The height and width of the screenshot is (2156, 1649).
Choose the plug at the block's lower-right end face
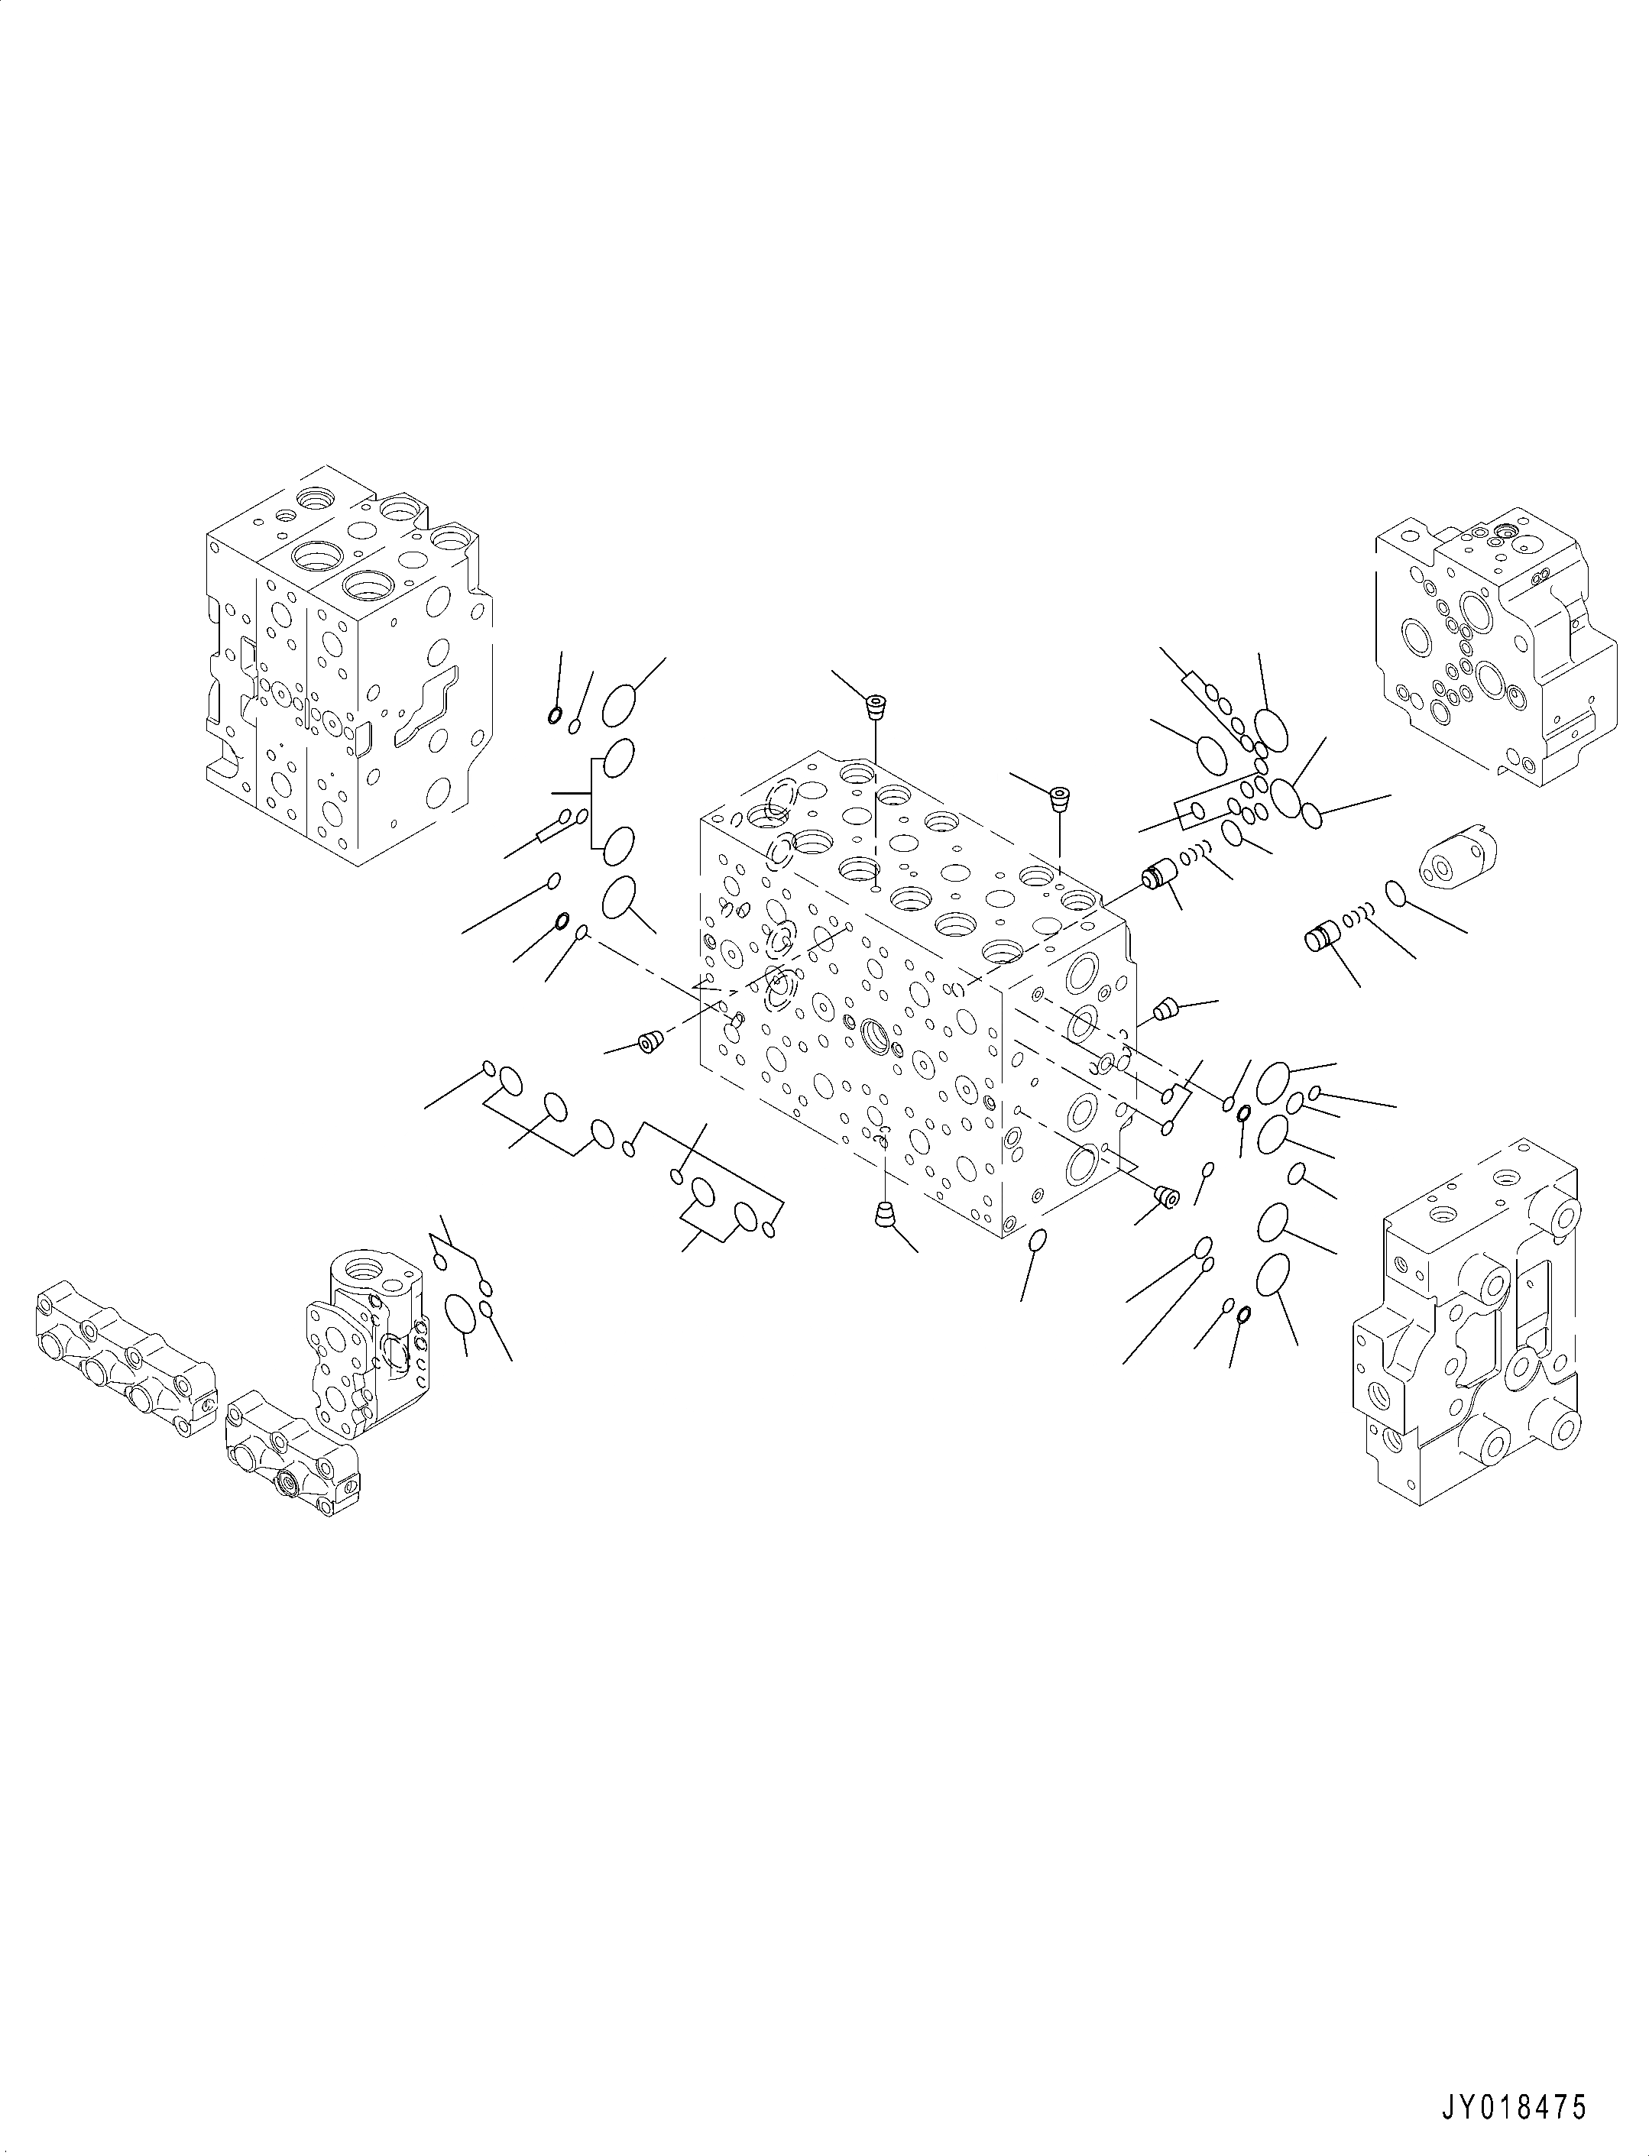pos(1166,1196)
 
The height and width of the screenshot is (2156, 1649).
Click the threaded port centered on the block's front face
pos(873,1034)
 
